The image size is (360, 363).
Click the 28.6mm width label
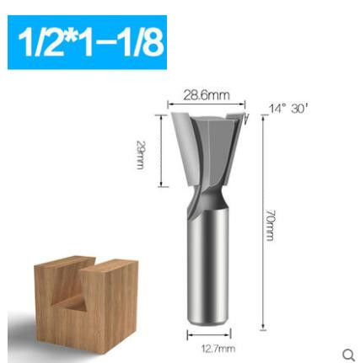207,96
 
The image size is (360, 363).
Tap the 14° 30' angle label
288,109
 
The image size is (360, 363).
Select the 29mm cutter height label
141,154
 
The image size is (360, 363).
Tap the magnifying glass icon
350,355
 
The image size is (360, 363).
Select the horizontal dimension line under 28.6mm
207,105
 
